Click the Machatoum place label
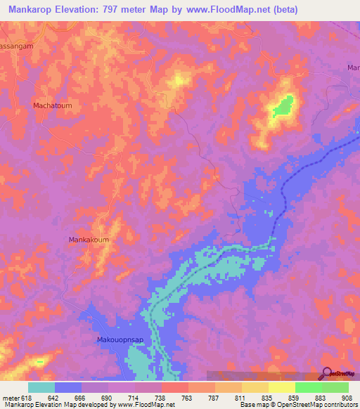53,105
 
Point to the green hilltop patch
283,106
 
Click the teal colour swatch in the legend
41,387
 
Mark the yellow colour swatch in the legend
281,387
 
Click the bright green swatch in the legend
308,387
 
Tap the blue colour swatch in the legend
68,387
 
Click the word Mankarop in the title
31,10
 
